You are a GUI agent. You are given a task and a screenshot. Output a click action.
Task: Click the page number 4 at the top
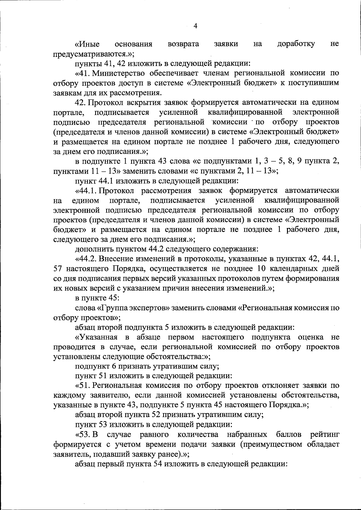pyautogui.click(x=195, y=26)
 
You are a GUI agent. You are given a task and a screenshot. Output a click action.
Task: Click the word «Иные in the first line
pyautogui.click(x=87, y=44)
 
